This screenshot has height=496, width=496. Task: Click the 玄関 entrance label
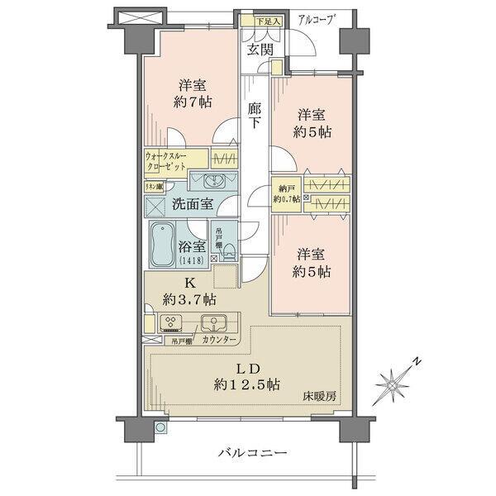[260, 50]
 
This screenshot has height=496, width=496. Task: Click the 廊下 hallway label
[256, 114]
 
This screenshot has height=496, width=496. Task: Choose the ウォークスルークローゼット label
[170, 159]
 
